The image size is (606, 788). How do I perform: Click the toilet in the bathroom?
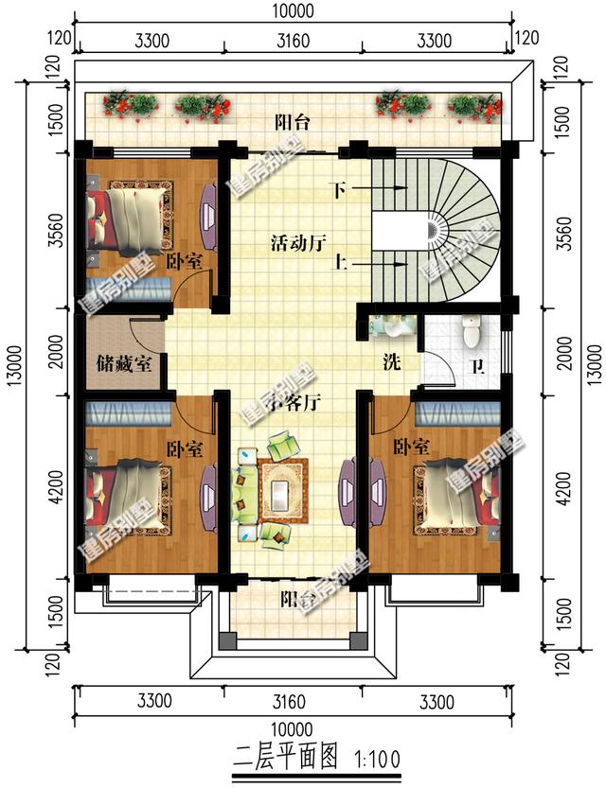coord(471,329)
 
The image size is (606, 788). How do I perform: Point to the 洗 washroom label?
coord(390,361)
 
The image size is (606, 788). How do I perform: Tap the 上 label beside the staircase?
coord(337,265)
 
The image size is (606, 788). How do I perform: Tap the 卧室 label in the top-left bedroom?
coord(184,261)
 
